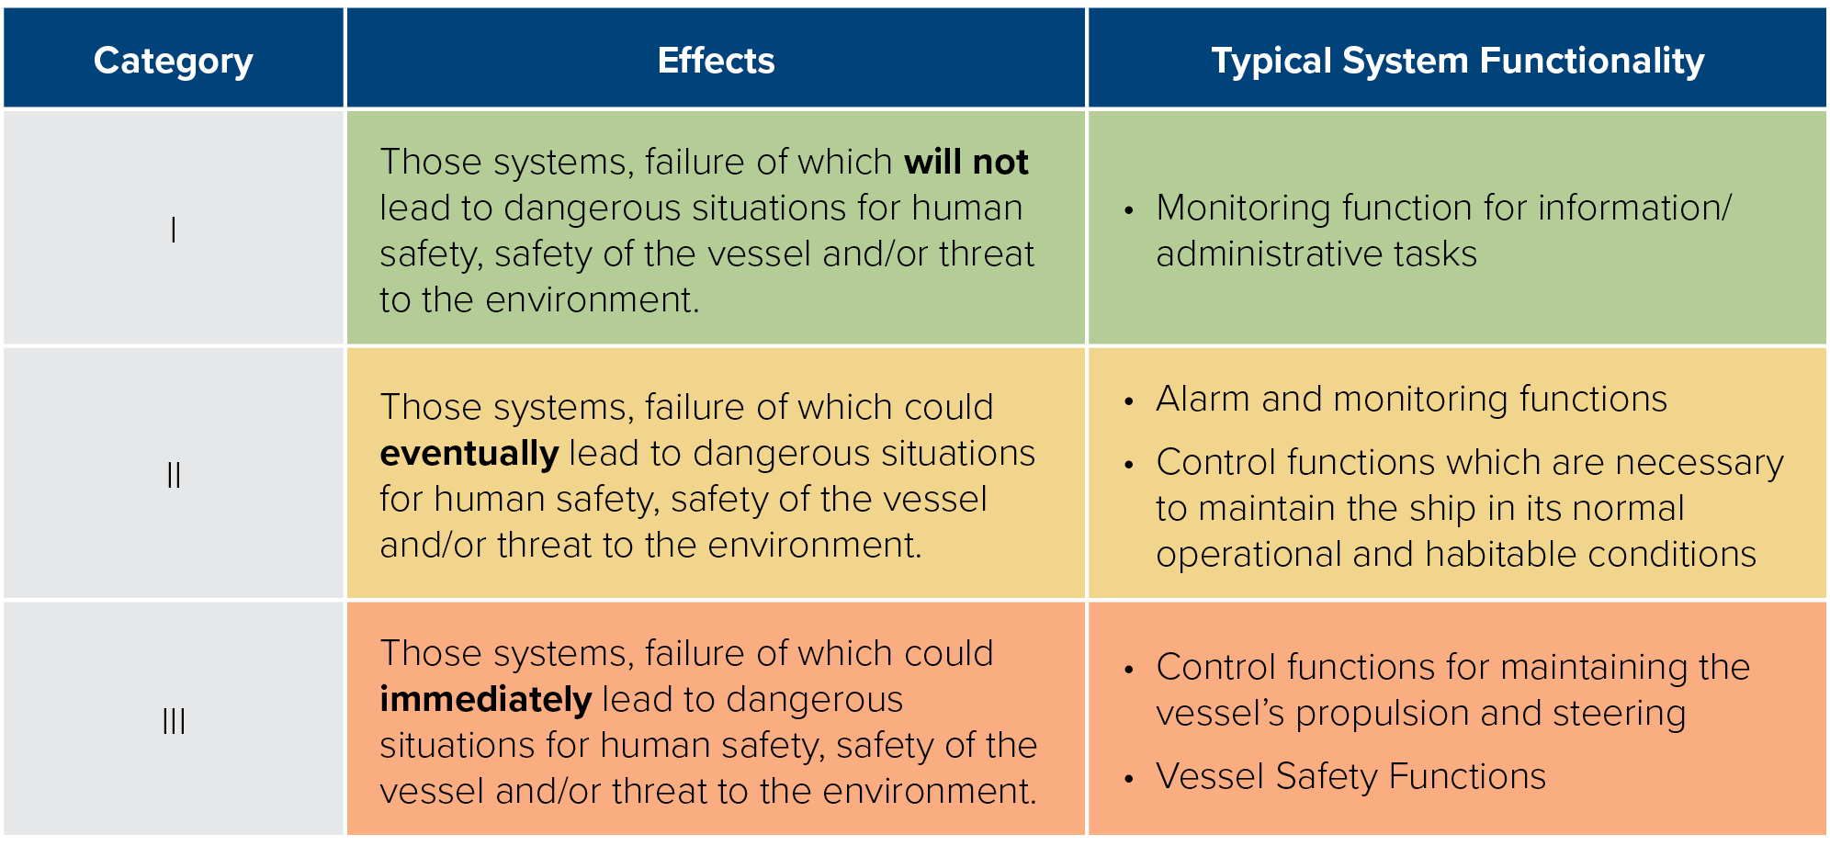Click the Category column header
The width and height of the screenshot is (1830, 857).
174,62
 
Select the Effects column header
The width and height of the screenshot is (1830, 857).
717,61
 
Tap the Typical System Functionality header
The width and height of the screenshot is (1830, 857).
1458,62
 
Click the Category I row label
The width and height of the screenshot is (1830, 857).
174,229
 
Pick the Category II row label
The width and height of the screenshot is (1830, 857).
174,475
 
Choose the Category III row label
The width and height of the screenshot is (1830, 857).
174,721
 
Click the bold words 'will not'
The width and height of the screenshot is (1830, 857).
966,162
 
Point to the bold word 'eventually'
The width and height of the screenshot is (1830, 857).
469,454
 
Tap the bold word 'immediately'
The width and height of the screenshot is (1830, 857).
486,700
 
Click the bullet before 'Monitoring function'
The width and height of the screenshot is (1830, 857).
1129,210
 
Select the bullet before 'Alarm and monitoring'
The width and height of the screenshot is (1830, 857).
1129,401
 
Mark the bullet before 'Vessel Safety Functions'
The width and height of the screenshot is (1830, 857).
1129,779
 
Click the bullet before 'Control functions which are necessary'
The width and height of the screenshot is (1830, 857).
1129,465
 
